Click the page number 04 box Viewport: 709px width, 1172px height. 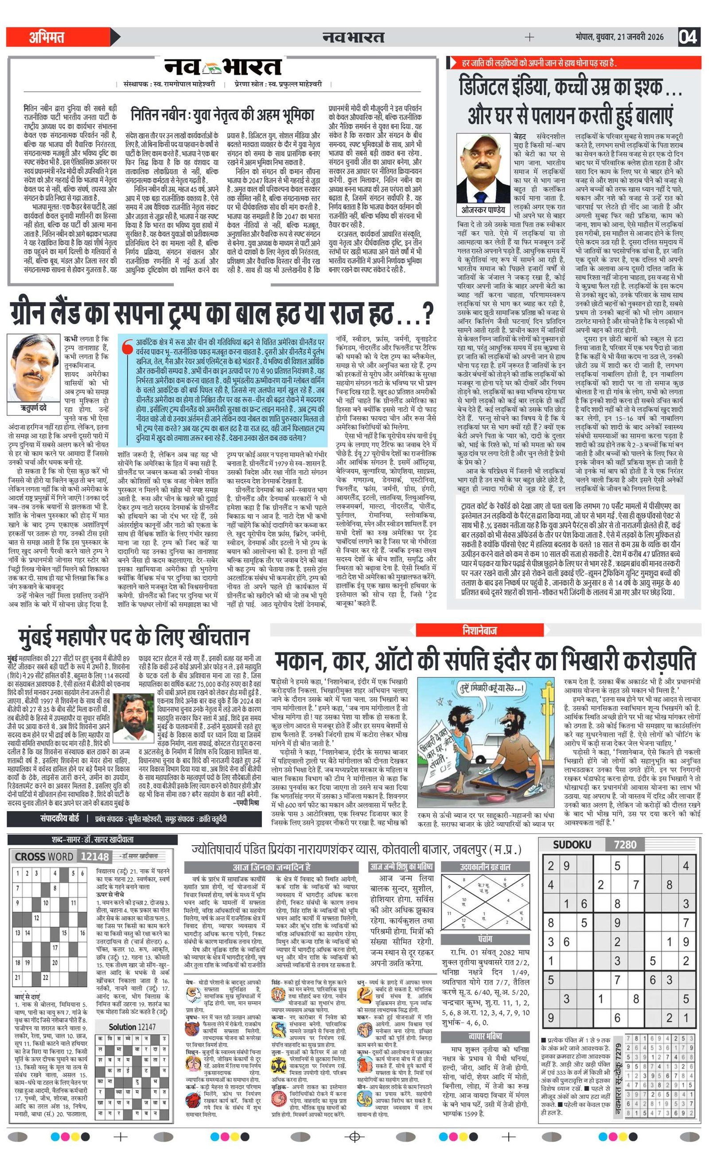689,37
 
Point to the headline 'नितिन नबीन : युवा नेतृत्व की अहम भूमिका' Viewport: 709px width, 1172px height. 222,115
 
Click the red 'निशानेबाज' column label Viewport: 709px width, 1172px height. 479,630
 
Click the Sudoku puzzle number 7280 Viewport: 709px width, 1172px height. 625,845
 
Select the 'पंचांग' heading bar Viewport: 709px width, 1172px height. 485,939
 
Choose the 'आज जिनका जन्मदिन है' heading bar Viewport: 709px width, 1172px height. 271,867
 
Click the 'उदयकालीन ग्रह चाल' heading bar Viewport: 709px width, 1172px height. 485,867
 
